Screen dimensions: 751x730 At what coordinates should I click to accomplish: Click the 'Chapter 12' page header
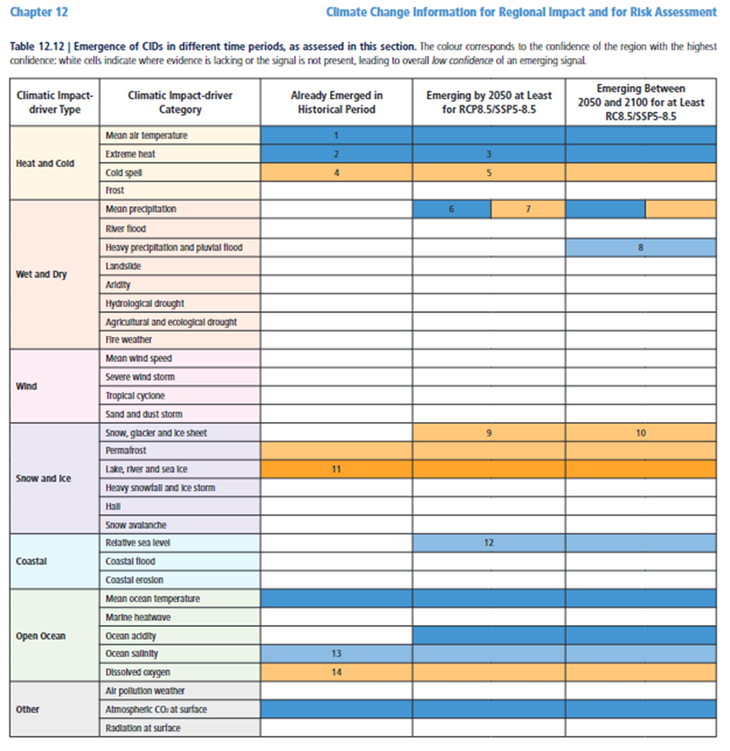click(40, 12)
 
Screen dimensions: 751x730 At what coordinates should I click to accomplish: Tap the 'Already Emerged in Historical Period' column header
click(335, 103)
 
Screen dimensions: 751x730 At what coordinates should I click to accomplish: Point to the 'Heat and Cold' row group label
click(43, 163)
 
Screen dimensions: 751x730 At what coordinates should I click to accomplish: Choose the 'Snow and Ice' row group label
click(43, 479)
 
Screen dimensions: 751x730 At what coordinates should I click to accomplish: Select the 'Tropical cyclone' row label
click(135, 396)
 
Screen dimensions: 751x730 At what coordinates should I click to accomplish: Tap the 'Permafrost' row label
click(126, 451)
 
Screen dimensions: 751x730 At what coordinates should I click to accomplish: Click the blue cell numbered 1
click(335, 135)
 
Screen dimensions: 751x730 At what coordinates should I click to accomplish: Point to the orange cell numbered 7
click(528, 209)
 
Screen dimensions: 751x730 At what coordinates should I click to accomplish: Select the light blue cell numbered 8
click(641, 247)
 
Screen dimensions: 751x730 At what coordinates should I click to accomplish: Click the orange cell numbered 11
click(335, 469)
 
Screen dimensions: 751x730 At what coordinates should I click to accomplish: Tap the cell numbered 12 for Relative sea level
click(488, 543)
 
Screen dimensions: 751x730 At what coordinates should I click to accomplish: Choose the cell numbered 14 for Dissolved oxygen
click(335, 672)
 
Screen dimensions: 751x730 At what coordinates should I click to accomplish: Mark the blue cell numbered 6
click(452, 209)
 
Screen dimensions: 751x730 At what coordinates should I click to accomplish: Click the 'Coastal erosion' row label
click(135, 580)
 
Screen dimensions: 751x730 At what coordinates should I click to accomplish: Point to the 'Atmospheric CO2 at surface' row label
click(156, 709)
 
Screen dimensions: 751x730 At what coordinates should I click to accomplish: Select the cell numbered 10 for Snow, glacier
click(641, 433)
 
